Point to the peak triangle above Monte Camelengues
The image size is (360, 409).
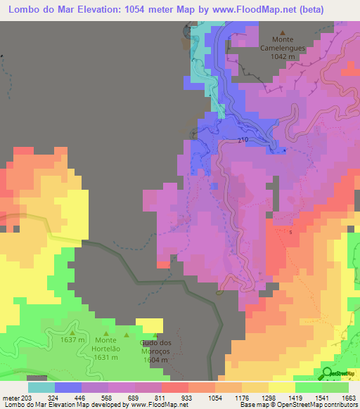283,32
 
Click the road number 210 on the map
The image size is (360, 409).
243,141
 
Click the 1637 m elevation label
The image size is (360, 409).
72,339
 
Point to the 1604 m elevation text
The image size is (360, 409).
155,359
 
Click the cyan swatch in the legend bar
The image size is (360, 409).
41,387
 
